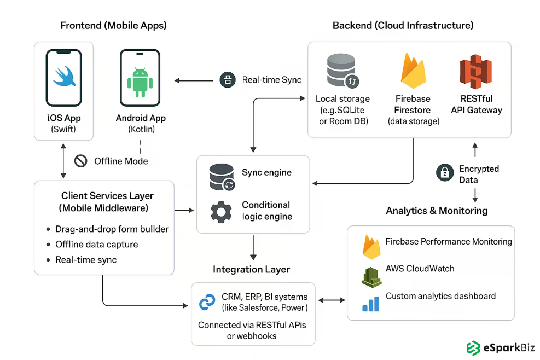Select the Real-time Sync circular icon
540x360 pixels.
pos(227,80)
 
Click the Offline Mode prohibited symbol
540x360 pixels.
pos(81,161)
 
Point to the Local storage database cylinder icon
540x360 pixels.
pos(342,71)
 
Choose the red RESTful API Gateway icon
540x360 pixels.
pos(476,72)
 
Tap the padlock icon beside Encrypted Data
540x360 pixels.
pos(445,173)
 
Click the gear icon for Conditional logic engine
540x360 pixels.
pos(222,211)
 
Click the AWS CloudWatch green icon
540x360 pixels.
pos(371,275)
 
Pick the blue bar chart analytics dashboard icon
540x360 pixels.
pos(371,303)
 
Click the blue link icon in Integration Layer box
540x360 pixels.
pos(208,302)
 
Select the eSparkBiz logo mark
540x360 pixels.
pos(473,347)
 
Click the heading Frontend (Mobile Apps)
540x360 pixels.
pos(113,25)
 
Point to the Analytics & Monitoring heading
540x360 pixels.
pos(436,211)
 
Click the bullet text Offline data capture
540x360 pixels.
pos(96,245)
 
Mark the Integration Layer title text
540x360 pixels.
pos(251,269)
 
